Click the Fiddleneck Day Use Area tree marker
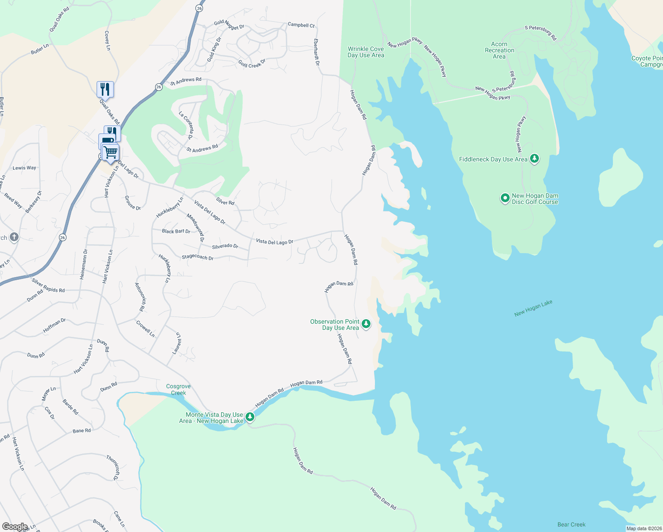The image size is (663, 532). [x=534, y=159]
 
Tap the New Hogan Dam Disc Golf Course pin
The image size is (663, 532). [x=505, y=198]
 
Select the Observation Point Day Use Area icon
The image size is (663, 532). [x=366, y=324]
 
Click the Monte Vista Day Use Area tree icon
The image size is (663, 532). [x=250, y=417]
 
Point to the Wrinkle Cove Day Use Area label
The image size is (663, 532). [x=366, y=52]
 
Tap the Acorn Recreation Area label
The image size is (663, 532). [x=499, y=51]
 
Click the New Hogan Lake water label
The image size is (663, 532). [x=533, y=308]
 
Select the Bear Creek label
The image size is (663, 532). [x=571, y=524]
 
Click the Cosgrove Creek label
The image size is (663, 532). [x=178, y=390]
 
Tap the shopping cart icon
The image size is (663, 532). [x=111, y=153]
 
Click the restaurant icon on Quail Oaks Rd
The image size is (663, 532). [x=105, y=89]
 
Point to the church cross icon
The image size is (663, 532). [x=14, y=237]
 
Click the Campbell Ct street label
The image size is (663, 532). [x=301, y=25]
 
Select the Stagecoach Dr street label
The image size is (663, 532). [x=198, y=258]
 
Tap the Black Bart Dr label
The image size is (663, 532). [x=176, y=231]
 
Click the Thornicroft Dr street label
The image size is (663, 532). [x=113, y=466]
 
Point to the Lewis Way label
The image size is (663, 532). [x=24, y=168]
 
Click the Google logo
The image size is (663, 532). [x=15, y=527]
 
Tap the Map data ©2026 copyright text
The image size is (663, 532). [x=643, y=528]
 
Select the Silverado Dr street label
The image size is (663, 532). [x=225, y=246]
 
